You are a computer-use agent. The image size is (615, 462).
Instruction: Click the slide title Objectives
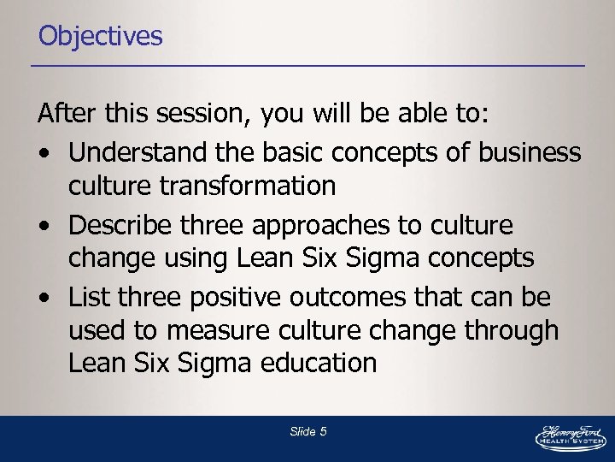click(x=100, y=36)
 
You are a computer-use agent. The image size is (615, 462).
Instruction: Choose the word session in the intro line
click(x=208, y=113)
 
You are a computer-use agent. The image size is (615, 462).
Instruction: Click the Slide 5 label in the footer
click(x=307, y=432)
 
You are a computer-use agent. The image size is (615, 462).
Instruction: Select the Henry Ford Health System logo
click(x=570, y=436)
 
